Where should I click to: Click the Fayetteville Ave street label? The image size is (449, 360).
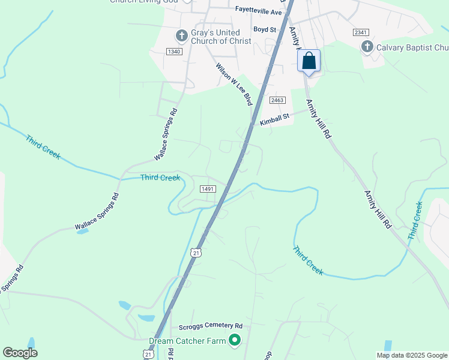258,12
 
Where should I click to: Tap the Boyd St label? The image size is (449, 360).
264,29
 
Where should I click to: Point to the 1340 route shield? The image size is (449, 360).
174,52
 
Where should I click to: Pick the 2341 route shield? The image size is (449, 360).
361,32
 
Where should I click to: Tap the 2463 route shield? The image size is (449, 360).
277,100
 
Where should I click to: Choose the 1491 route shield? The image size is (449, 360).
208,189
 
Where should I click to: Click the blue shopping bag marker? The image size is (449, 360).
309,61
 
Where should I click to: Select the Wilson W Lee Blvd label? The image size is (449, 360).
234,83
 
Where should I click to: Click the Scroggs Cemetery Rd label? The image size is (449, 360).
210,327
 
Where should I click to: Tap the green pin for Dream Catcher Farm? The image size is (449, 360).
235,341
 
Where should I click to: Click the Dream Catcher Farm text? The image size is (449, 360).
187,341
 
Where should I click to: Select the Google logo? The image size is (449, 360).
20,353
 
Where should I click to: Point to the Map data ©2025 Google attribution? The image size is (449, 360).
411,355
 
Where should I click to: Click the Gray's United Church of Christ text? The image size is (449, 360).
221,37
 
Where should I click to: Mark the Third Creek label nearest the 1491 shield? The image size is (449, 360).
160,178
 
